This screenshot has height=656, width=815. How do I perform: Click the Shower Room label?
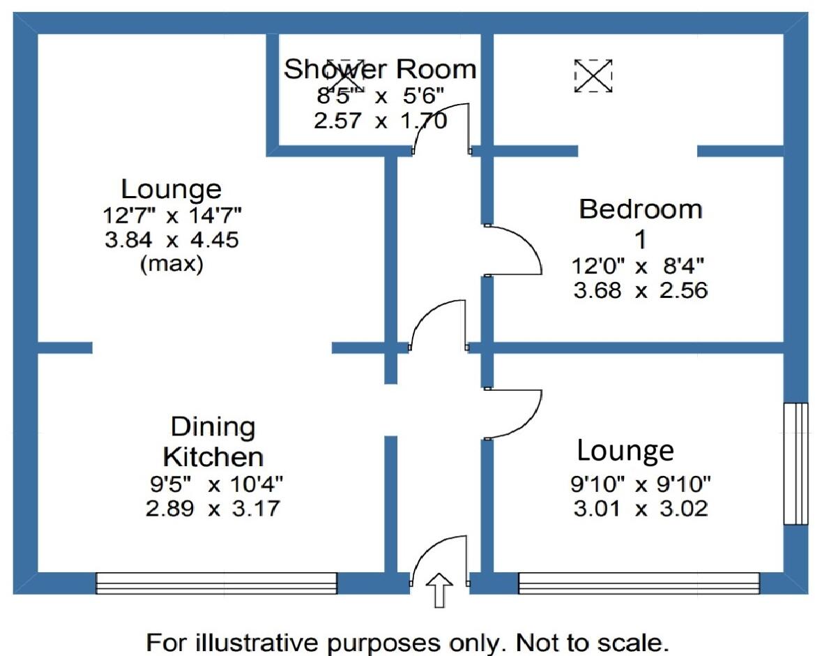[379, 69]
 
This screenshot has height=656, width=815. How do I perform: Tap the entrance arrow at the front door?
[439, 590]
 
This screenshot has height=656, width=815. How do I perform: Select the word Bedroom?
[640, 209]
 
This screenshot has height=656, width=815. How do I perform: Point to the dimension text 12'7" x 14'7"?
[172, 214]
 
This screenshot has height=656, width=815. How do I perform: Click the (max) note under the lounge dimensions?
[172, 264]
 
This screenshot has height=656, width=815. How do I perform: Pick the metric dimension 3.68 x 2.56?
[640, 290]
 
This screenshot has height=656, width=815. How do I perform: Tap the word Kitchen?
[213, 456]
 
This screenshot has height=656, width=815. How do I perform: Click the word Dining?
[213, 428]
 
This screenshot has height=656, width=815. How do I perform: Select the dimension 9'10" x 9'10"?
[640, 484]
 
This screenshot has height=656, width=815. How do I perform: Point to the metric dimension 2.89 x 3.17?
[213, 508]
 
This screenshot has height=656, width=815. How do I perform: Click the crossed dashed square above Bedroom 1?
[593, 75]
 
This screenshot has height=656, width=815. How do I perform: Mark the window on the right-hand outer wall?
[795, 463]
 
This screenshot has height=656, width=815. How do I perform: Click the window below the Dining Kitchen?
[217, 583]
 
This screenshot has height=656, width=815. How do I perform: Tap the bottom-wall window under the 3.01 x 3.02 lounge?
[639, 583]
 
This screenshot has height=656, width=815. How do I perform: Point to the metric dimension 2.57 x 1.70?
[381, 121]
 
